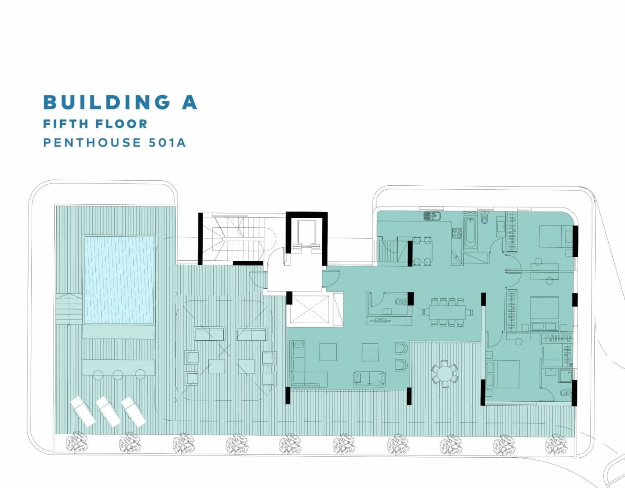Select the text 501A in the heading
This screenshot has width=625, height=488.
pos(167,143)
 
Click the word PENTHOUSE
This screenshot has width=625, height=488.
pos(92,143)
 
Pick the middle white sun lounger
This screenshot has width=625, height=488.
pos(108,412)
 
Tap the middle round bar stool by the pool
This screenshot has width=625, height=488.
pos(118,375)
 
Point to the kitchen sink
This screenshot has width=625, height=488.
pos(432,216)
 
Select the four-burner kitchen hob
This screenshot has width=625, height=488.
pos(457,233)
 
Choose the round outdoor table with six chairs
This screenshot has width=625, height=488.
pos(445,374)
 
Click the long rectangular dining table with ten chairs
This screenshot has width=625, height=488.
pos(447,312)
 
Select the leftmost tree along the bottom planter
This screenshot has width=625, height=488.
pos(76,443)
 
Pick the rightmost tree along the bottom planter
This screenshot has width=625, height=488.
pos(556,444)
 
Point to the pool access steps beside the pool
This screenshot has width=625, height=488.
pos(69,309)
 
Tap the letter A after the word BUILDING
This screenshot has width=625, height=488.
pos(189,102)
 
